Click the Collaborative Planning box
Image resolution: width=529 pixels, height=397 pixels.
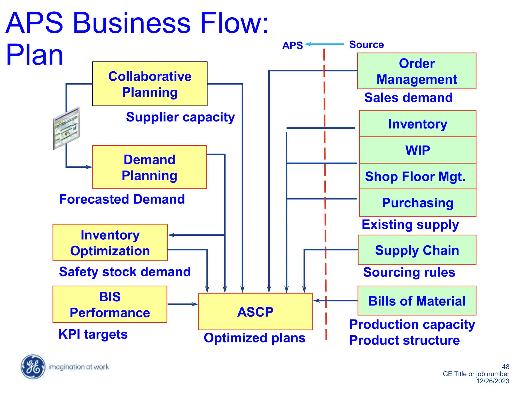[x=150, y=84]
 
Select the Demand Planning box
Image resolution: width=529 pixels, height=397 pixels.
[x=150, y=167]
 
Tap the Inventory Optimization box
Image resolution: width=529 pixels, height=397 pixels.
[x=110, y=242]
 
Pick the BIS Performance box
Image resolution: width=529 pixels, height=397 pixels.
[x=110, y=304]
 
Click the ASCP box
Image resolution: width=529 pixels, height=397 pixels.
[x=255, y=311]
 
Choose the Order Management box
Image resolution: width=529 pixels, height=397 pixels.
[x=417, y=71]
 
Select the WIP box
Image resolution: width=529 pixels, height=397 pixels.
[x=418, y=150]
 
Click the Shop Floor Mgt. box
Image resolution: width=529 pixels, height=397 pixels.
[x=418, y=176]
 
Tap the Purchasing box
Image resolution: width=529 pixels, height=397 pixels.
[x=418, y=203]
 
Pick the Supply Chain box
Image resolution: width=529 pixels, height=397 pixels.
[x=417, y=250]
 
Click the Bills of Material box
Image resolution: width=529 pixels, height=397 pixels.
[x=417, y=301]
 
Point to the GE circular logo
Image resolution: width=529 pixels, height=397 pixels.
[x=33, y=367]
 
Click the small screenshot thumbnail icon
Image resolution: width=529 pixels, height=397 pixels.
[x=66, y=128]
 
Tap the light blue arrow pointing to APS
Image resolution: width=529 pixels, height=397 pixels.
[x=324, y=44]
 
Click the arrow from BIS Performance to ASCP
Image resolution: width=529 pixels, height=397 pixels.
[x=182, y=304]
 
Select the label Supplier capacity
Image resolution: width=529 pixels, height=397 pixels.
[x=180, y=117]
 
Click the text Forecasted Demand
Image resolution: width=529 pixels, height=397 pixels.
[x=122, y=199]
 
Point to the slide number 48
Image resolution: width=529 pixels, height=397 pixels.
[x=505, y=367]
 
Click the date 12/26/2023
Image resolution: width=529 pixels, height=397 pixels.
[x=493, y=381]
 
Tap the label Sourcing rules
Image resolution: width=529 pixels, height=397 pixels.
[x=409, y=272]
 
